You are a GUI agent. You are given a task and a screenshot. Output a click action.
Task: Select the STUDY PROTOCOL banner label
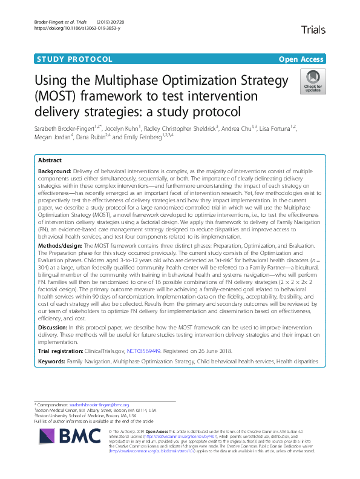click(75, 59)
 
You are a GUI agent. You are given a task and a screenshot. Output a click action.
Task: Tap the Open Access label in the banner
click(302, 59)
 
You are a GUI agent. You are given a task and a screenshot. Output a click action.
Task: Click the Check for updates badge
click(313, 81)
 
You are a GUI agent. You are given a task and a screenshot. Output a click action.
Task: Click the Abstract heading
click(50, 161)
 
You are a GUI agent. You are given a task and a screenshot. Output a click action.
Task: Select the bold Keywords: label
click(51, 362)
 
